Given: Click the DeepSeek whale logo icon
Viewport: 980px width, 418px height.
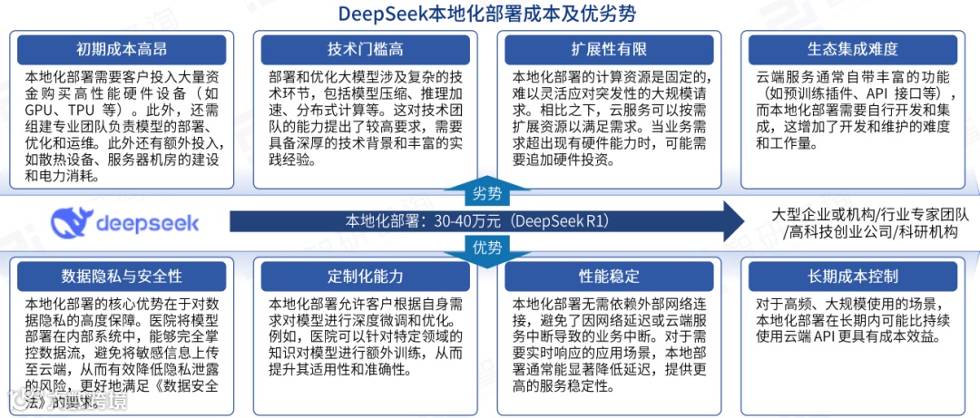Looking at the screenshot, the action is [x=72, y=221].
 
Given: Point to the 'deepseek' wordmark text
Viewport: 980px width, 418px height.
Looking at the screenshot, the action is [x=147, y=222].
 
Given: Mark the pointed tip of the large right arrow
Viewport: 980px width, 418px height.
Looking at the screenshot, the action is [x=742, y=220].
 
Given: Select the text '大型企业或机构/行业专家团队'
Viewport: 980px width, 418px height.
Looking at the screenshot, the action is [x=869, y=214].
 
